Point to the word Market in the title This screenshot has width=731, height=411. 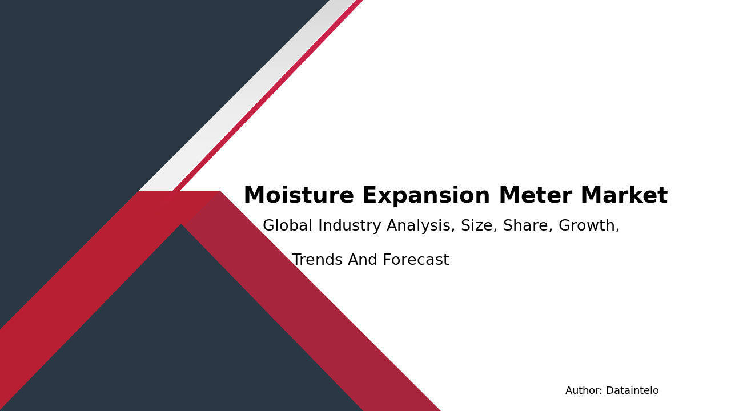(x=624, y=196)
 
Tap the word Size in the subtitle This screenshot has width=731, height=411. (x=479, y=226)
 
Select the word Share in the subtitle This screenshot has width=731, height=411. (x=528, y=226)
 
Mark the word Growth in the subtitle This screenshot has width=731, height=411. (x=589, y=226)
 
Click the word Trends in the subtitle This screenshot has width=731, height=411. (x=317, y=260)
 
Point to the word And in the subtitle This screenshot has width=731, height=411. (x=363, y=260)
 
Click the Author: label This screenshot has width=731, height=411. (x=584, y=391)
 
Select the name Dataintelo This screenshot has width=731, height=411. (x=632, y=391)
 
